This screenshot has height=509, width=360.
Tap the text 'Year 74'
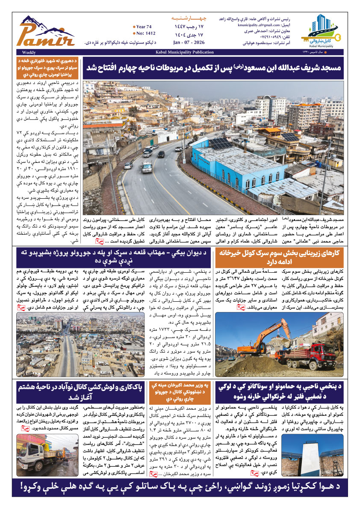143,26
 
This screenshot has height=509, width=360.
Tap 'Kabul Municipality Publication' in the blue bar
180,52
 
